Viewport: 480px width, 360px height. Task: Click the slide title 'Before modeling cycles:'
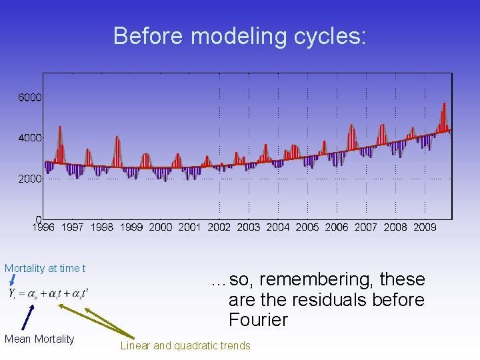239,36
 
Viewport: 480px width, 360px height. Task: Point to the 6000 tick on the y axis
30,97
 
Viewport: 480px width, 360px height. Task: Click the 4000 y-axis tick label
30,138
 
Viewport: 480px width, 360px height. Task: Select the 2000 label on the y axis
30,179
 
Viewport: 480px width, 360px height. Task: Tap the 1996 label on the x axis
43,227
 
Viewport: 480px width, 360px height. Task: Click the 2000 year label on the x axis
160,227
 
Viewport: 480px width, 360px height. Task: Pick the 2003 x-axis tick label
248,227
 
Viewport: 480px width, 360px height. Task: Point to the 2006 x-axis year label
336,227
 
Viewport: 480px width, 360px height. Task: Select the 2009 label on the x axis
425,227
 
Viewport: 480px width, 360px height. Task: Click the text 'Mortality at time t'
45,269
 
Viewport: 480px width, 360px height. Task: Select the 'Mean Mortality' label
39,339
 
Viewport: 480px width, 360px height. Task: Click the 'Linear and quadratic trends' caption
185,345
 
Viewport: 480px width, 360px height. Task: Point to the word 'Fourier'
258,320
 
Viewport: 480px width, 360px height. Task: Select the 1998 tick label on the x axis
101,227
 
